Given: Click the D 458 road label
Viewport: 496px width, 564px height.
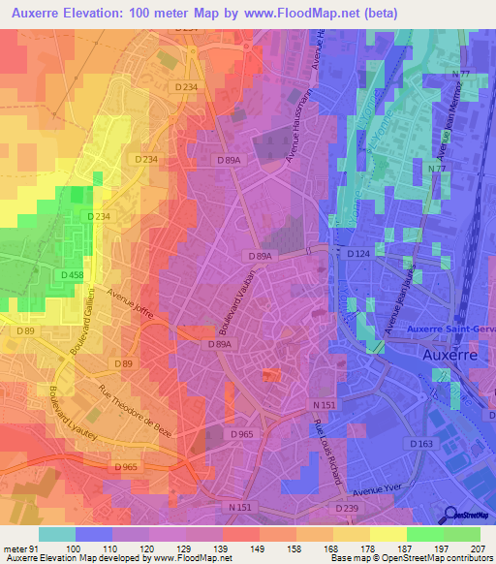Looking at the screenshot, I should coord(72,276).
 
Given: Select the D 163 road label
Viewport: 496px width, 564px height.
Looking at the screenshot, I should coord(420,444).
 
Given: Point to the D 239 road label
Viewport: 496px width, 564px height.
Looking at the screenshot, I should coord(346,508).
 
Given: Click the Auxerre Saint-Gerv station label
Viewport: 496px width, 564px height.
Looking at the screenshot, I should coord(450,328).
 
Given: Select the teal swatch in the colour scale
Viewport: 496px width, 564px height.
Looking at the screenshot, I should coord(57,534).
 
